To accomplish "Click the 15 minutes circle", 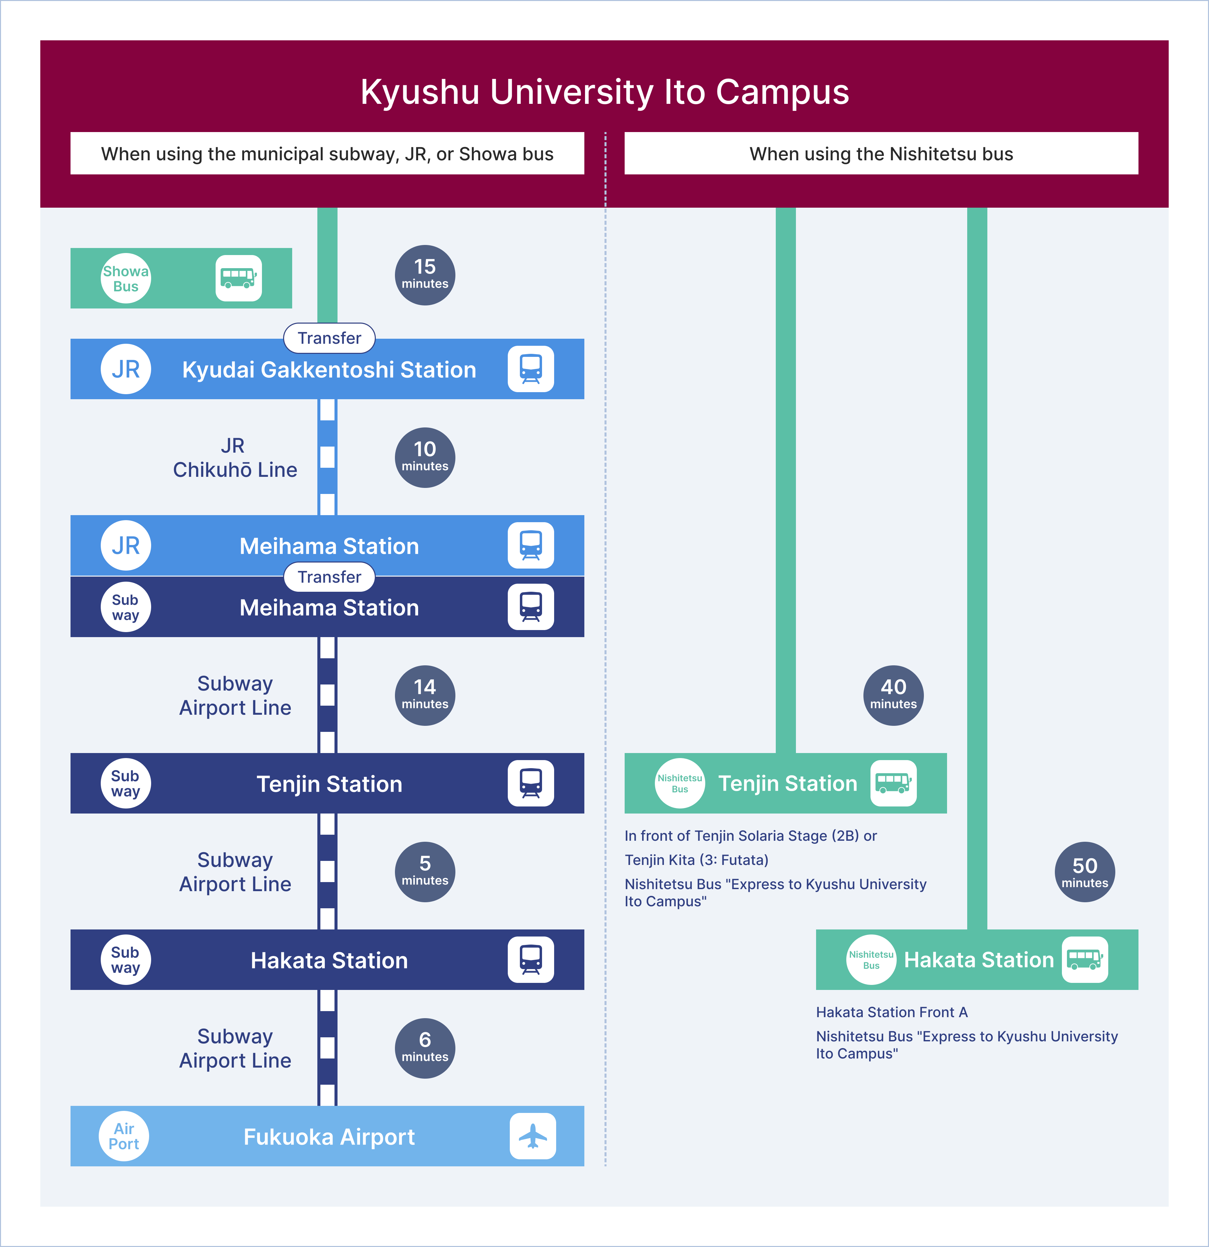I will pyautogui.click(x=425, y=275).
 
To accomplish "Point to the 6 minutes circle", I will pyautogui.click(x=425, y=1048).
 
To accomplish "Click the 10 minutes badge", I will pyautogui.click(x=425, y=457).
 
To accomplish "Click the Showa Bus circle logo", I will pyautogui.click(x=126, y=279).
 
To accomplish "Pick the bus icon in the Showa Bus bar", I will pyautogui.click(x=238, y=278).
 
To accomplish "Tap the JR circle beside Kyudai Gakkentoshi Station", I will pyautogui.click(x=126, y=369).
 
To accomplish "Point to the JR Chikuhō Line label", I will pyautogui.click(x=235, y=457).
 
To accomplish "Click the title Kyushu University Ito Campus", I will pyautogui.click(x=604, y=92).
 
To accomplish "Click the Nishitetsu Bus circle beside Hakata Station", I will pyautogui.click(x=871, y=959).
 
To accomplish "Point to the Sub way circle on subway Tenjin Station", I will pyautogui.click(x=126, y=783).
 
